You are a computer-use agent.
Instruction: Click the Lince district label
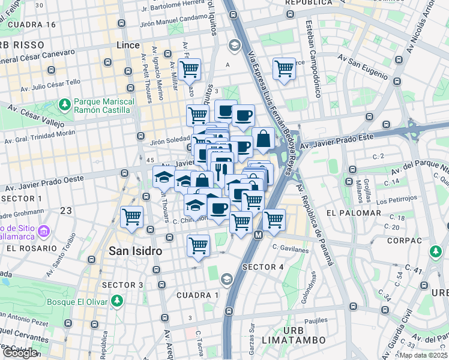pos(127,45)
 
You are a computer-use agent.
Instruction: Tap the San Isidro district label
pos(135,251)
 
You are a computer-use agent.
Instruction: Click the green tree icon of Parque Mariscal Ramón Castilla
pos(65,105)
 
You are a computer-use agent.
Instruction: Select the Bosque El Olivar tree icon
pos(119,300)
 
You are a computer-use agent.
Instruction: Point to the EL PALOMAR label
pos(354,213)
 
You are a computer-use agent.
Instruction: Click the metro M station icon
pos(258,235)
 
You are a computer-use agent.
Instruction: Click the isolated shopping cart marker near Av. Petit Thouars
pos(131,217)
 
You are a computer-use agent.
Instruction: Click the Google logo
pos(20,353)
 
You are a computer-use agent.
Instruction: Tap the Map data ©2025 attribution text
pos(424,355)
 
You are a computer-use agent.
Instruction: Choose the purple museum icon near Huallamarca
pos(43,231)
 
